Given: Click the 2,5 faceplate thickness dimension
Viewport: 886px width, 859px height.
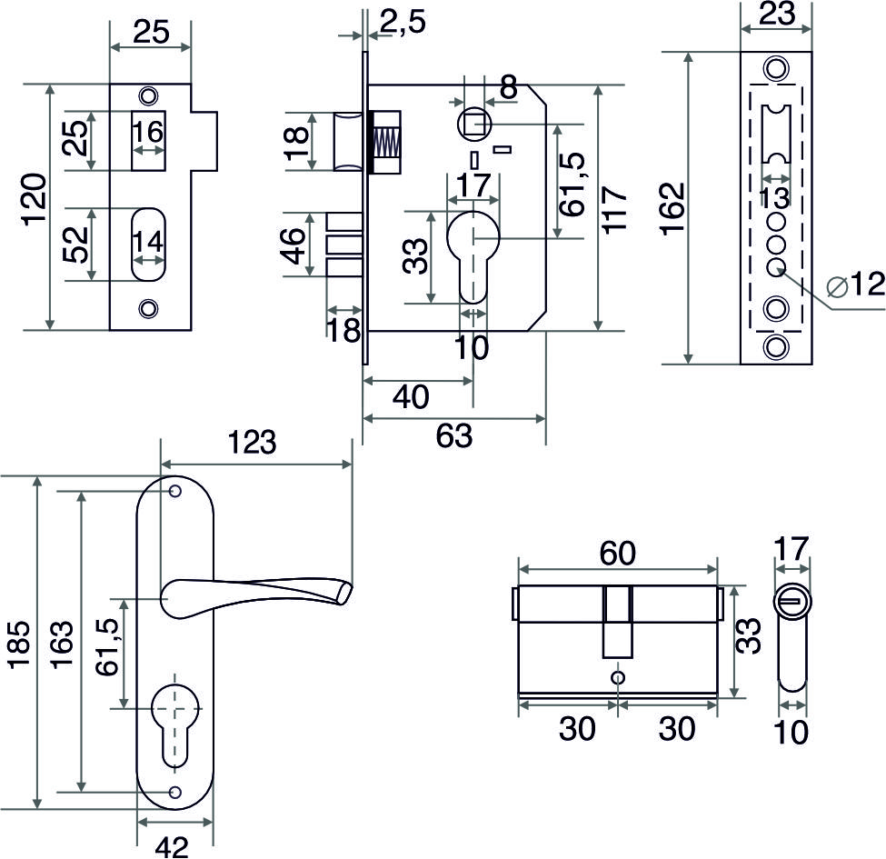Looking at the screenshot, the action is coord(403,22).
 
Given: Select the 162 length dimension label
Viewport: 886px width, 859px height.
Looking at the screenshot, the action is coord(672,208).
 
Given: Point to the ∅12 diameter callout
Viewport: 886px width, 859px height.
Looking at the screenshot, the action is coord(855,285).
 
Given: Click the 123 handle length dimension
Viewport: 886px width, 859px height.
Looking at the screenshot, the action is coord(252,442).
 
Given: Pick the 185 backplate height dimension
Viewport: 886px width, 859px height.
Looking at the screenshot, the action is coord(19,644).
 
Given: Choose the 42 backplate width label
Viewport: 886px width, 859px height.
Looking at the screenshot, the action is coord(173,846).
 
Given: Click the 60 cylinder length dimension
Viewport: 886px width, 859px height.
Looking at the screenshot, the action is coord(618,553).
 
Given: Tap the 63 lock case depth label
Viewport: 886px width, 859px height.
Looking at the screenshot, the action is coord(454,435).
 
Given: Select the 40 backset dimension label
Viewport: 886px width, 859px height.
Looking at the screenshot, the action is coord(412,396).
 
